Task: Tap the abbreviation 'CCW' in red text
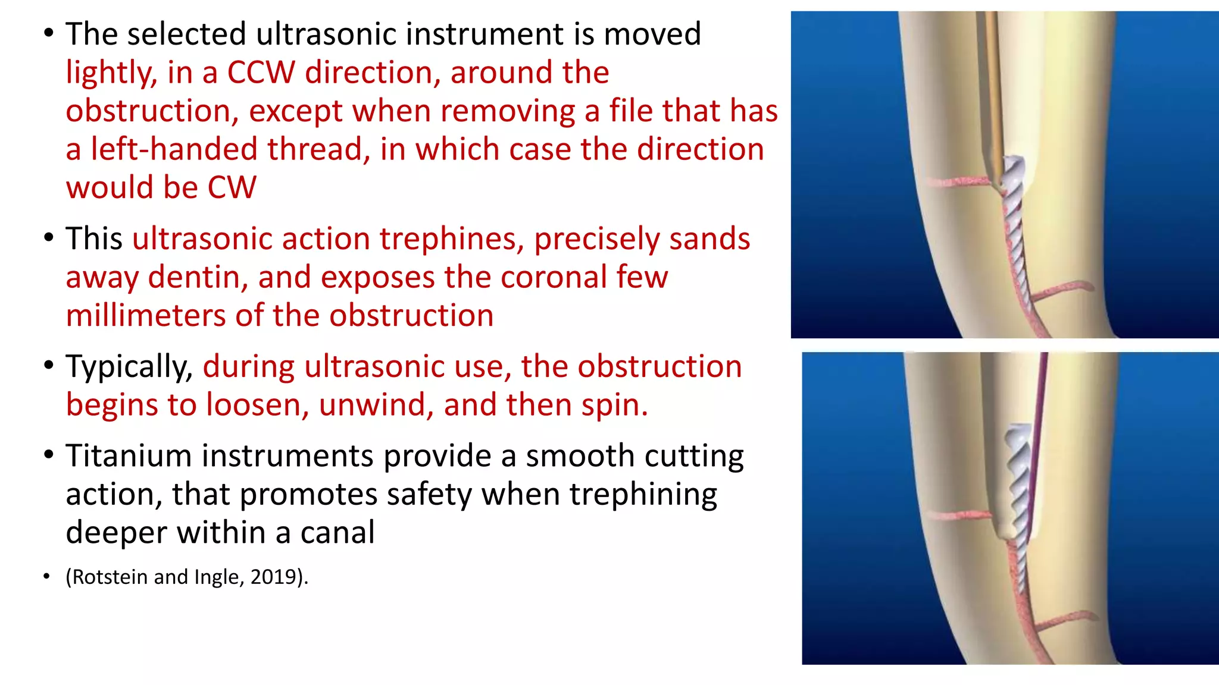click(x=261, y=73)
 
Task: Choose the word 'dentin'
click(x=198, y=278)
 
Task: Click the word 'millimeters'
click(x=146, y=316)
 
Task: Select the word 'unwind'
click(x=375, y=405)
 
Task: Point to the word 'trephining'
click(x=643, y=495)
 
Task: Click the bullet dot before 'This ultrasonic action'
click(x=48, y=239)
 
